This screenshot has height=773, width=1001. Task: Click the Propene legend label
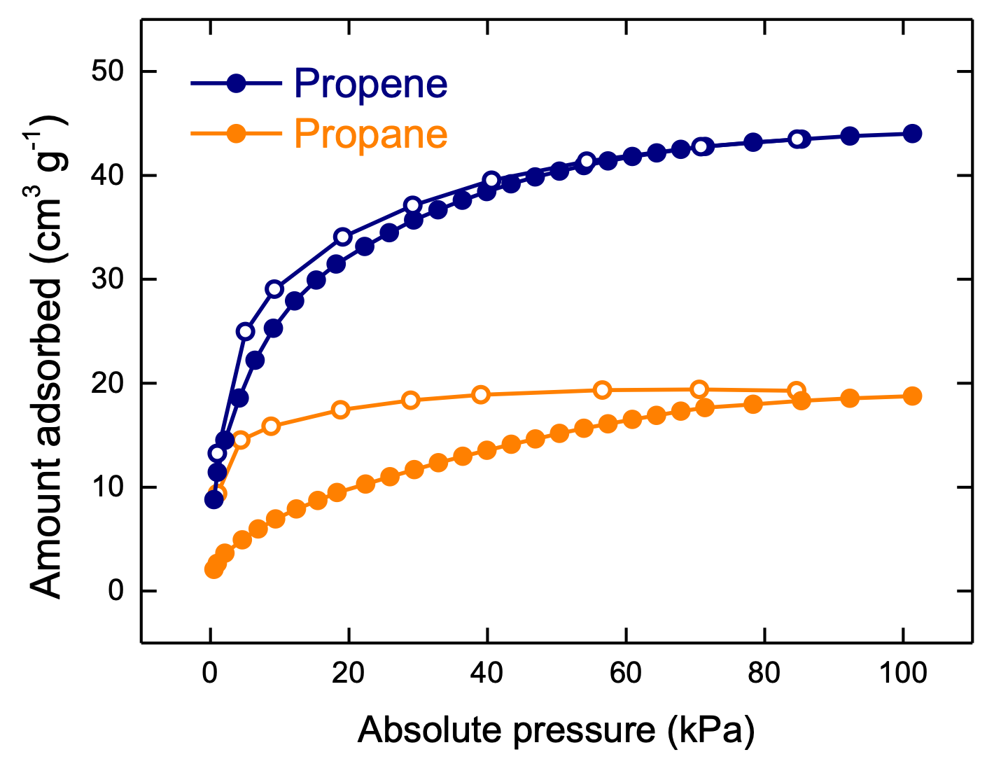pyautogui.click(x=370, y=84)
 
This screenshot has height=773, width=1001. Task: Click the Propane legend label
pyautogui.click(x=370, y=134)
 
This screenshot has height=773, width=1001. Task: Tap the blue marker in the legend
pyautogui.click(x=237, y=83)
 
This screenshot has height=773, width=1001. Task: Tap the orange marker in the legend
pyautogui.click(x=237, y=133)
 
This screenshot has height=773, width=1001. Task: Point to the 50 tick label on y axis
pyautogui.click(x=108, y=71)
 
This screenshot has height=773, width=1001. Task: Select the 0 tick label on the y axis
pyautogui.click(x=116, y=591)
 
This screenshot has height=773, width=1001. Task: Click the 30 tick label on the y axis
pyautogui.click(x=108, y=279)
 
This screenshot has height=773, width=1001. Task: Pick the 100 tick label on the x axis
pyautogui.click(x=903, y=674)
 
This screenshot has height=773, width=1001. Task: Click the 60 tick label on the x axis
pyautogui.click(x=625, y=674)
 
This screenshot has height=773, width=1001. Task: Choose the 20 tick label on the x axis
pyautogui.click(x=348, y=674)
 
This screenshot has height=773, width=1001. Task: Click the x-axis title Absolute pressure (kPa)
pyautogui.click(x=556, y=730)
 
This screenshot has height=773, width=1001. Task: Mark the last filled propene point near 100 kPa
pyautogui.click(x=912, y=134)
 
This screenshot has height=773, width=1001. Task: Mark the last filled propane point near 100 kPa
pyautogui.click(x=912, y=396)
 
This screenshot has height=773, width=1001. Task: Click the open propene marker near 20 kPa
pyautogui.click(x=342, y=237)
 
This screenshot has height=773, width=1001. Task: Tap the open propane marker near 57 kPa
pyautogui.click(x=602, y=390)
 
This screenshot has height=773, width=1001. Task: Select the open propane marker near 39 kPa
pyautogui.click(x=480, y=394)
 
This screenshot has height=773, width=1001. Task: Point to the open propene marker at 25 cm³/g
pyautogui.click(x=245, y=331)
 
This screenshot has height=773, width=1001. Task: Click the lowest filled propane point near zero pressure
pyautogui.click(x=213, y=569)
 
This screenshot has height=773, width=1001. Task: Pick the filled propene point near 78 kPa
pyautogui.click(x=752, y=142)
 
